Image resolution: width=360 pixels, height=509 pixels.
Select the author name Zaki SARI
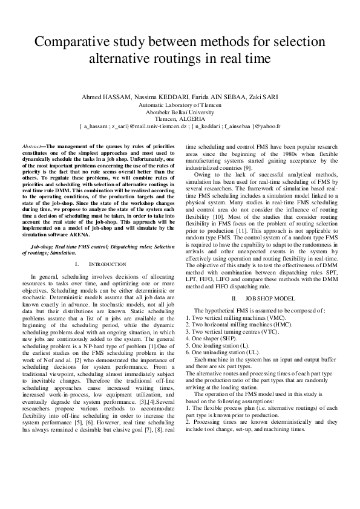click(x=265, y=98)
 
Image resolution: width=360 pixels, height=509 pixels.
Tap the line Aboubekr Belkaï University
click(x=180, y=112)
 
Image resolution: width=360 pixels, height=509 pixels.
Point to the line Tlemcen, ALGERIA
click(x=180, y=119)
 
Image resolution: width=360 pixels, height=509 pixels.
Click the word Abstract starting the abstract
click(x=31, y=147)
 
